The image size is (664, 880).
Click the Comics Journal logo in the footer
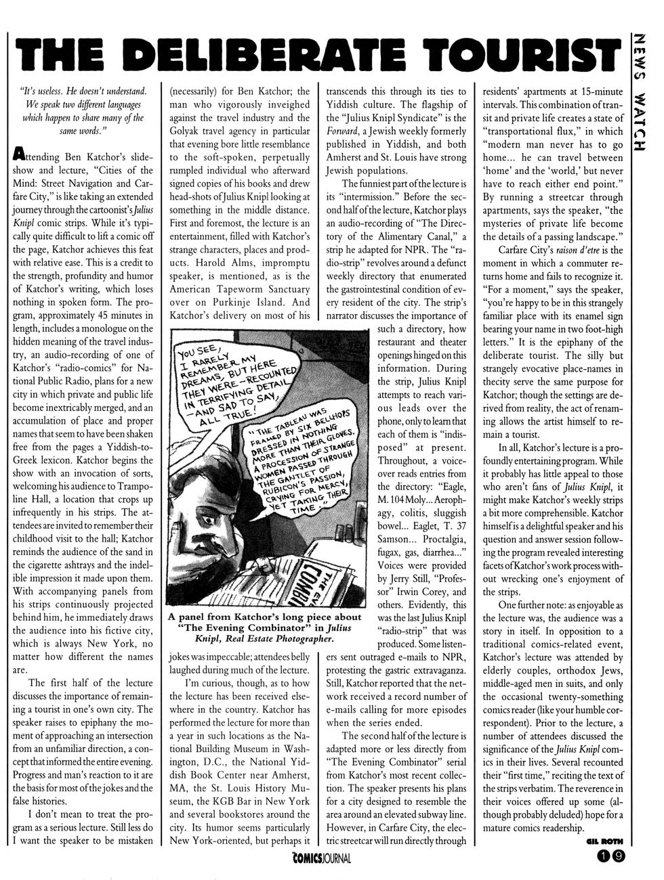318,860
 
